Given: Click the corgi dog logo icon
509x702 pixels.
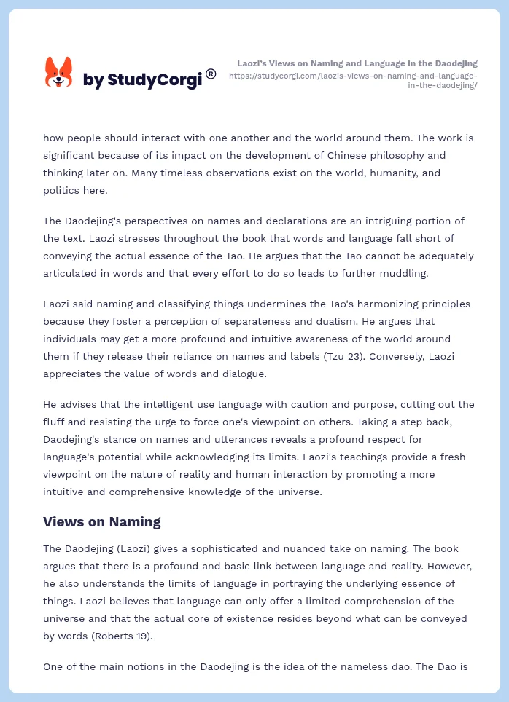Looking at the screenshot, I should [59, 73].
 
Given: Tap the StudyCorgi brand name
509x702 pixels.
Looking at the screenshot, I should [142, 79].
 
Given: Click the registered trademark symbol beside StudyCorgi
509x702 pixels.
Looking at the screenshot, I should [211, 74].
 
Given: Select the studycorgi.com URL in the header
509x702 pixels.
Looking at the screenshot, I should [353, 80].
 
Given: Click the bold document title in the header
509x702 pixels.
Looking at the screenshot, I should [357, 63].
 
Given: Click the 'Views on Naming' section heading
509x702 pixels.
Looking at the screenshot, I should [101, 521].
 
